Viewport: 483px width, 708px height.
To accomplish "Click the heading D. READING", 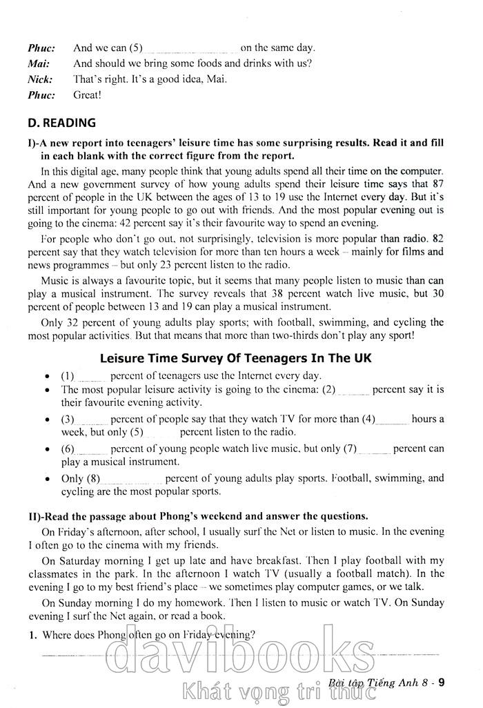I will coord(61,124).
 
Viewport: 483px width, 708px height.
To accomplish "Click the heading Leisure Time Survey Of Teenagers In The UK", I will coord(236,358).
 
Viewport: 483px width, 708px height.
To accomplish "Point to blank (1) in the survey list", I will coord(92,377).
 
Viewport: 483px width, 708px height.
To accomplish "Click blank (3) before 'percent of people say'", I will coord(92,420).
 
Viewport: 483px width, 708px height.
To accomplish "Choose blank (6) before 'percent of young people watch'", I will coord(92,449).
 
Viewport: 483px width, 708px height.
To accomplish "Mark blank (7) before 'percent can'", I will coord(375,449).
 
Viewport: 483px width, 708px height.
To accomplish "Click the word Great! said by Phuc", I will coord(87,95).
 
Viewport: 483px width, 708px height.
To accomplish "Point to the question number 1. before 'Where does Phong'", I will coord(32,635).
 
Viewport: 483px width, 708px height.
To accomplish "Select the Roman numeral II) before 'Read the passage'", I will coord(34,516).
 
